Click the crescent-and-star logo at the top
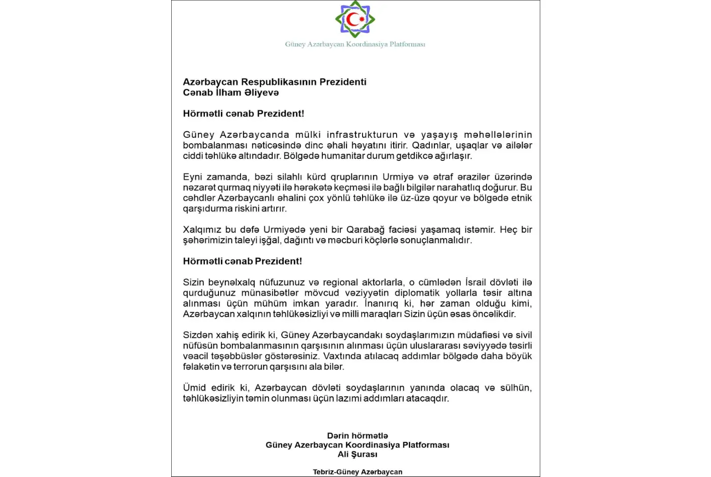355,19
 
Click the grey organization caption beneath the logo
355,44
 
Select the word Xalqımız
202,230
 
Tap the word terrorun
251,367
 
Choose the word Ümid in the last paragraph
194,388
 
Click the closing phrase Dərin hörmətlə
357,436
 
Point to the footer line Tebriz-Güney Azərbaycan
357,472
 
